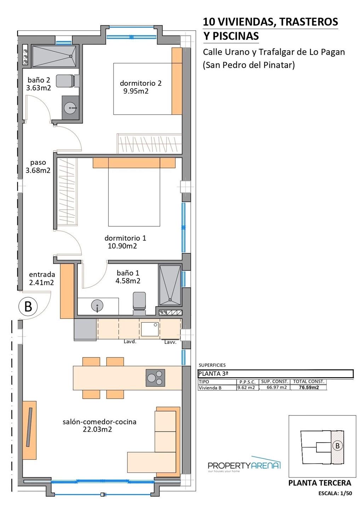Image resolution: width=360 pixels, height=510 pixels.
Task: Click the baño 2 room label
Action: pyautogui.click(x=39, y=80)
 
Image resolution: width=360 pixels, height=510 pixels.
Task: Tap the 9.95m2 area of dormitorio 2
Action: pyautogui.click(x=136, y=91)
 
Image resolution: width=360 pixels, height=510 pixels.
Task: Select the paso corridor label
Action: pyautogui.click(x=38, y=163)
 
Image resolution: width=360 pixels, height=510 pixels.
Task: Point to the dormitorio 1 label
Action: pyautogui.click(x=125, y=238)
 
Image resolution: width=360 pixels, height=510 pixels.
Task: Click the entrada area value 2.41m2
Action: pyautogui.click(x=41, y=283)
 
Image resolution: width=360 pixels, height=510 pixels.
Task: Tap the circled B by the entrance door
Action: pyautogui.click(x=28, y=306)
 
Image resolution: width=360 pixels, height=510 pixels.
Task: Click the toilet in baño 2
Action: pyautogui.click(x=67, y=81)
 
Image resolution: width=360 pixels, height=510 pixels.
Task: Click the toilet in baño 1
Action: pyautogui.click(x=139, y=303)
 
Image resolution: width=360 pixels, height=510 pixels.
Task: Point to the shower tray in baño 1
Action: pyautogui.click(x=170, y=285)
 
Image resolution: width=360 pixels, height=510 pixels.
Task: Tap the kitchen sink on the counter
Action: pyautogui.click(x=150, y=329)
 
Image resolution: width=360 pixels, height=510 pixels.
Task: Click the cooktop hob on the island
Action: pyautogui.click(x=155, y=378)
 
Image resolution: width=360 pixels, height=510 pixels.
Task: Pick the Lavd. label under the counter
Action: pyautogui.click(x=130, y=341)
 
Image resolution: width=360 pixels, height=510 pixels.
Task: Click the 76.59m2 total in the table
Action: pyautogui.click(x=309, y=387)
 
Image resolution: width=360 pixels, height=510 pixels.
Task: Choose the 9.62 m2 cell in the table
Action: pyautogui.click(x=246, y=387)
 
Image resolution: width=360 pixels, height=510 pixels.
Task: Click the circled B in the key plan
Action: pyautogui.click(x=337, y=446)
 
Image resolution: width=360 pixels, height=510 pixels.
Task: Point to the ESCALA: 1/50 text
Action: pyautogui.click(x=335, y=493)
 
